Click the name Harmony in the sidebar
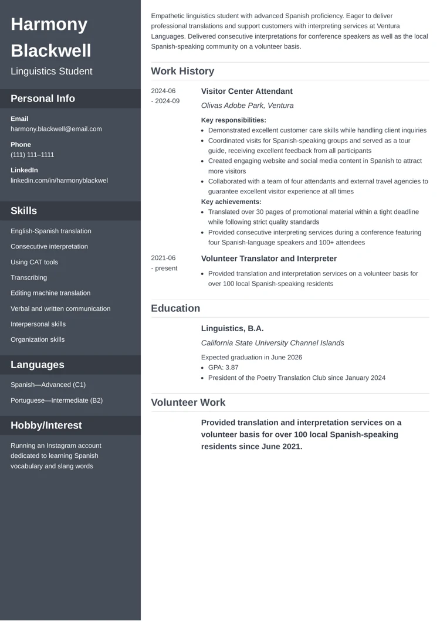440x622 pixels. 49,25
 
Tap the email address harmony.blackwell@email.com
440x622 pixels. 56,129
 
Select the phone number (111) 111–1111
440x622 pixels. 32,155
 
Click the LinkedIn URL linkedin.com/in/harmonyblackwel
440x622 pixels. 59,181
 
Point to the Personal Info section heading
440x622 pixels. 43,98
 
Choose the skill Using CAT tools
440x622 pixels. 34,262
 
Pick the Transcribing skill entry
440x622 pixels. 29,277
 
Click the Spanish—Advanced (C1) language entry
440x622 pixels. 48,385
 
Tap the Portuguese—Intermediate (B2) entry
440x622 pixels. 56,400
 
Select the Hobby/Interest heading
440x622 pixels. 46,426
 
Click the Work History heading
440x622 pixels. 182,72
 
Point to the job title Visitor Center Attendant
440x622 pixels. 246,91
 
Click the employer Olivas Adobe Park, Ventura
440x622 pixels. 247,106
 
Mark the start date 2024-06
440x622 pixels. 163,91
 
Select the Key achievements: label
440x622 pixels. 231,202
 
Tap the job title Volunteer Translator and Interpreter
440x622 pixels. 269,259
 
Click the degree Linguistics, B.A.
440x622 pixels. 232,329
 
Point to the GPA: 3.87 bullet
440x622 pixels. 224,368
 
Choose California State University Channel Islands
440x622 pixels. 272,343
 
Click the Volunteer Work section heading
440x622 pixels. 188,403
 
